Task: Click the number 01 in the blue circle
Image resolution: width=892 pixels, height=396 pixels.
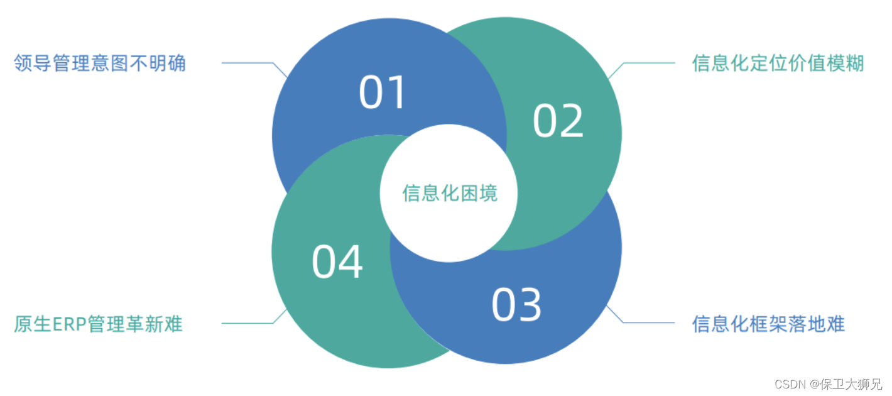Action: point(383,93)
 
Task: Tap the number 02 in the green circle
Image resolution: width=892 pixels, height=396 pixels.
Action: point(558,121)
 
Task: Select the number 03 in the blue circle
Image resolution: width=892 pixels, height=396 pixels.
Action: point(516,305)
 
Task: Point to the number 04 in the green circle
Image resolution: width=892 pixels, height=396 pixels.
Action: point(337,262)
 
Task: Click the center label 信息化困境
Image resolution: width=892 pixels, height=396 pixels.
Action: point(450,193)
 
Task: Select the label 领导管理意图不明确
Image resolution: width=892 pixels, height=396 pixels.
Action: point(100,63)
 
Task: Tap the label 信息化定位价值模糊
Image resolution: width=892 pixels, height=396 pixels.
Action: point(778,63)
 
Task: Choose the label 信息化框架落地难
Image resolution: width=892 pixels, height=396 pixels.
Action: point(768,324)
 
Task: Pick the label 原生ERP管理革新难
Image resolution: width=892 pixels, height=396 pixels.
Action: point(99,324)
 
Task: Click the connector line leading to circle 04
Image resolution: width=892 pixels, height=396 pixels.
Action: point(248,324)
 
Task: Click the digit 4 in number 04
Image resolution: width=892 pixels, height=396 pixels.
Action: point(351,262)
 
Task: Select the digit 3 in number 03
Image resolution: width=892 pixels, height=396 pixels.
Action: point(530,305)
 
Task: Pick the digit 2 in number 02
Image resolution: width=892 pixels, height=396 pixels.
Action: point(572,121)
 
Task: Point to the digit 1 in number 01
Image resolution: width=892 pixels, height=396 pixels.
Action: point(400,93)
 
